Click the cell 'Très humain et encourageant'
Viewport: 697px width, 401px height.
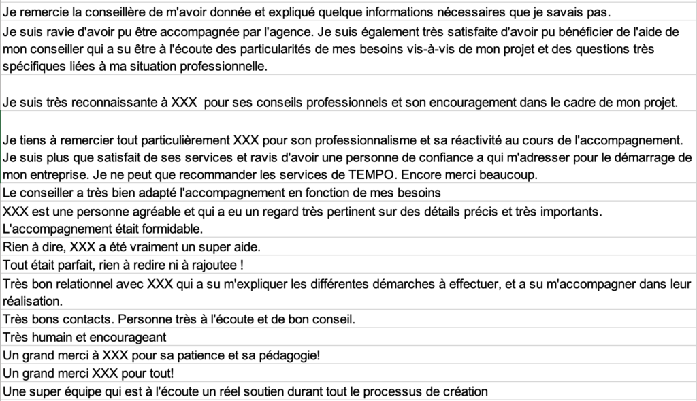pos(84,336)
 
